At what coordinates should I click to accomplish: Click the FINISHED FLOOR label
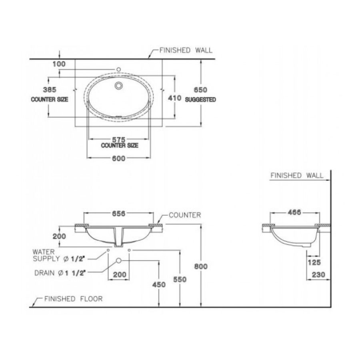tap(73, 299)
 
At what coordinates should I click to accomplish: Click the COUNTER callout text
tap(184, 215)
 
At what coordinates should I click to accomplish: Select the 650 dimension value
tap(192, 90)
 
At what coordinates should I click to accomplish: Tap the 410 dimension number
tap(175, 98)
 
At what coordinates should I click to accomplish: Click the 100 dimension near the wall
tap(58, 64)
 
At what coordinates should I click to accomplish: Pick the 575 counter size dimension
tap(119, 140)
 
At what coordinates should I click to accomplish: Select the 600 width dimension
tap(119, 158)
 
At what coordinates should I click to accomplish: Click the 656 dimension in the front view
tap(119, 214)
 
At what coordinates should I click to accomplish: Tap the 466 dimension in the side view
tap(294, 212)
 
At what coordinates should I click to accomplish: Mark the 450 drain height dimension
tap(159, 285)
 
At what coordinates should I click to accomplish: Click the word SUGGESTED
tap(200, 100)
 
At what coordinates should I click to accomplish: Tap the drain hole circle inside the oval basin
tap(118, 85)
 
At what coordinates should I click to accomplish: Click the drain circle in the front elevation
tap(118, 261)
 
